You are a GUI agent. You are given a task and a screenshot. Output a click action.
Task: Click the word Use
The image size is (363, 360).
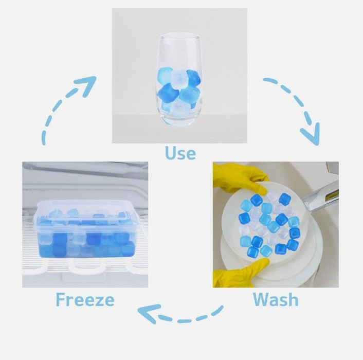click(x=180, y=153)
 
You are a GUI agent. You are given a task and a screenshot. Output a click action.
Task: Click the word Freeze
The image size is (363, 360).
click(x=85, y=299)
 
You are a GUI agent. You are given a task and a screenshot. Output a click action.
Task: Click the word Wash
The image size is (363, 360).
click(x=276, y=299)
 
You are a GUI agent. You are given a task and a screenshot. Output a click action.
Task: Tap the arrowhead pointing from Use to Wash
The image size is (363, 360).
click(x=312, y=134)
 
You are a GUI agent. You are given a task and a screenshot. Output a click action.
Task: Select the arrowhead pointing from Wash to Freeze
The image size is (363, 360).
click(x=148, y=313)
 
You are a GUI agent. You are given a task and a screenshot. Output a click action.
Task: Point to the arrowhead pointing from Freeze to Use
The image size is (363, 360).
click(x=87, y=84)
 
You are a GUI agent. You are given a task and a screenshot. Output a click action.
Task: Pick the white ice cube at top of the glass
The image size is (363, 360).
click(x=178, y=79)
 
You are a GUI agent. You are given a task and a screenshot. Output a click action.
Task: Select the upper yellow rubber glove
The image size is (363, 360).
click(x=239, y=177)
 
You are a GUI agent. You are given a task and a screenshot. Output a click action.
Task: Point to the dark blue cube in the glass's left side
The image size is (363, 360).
click(x=168, y=93)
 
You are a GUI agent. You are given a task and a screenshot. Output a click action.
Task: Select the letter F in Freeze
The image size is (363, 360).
click(x=61, y=299)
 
